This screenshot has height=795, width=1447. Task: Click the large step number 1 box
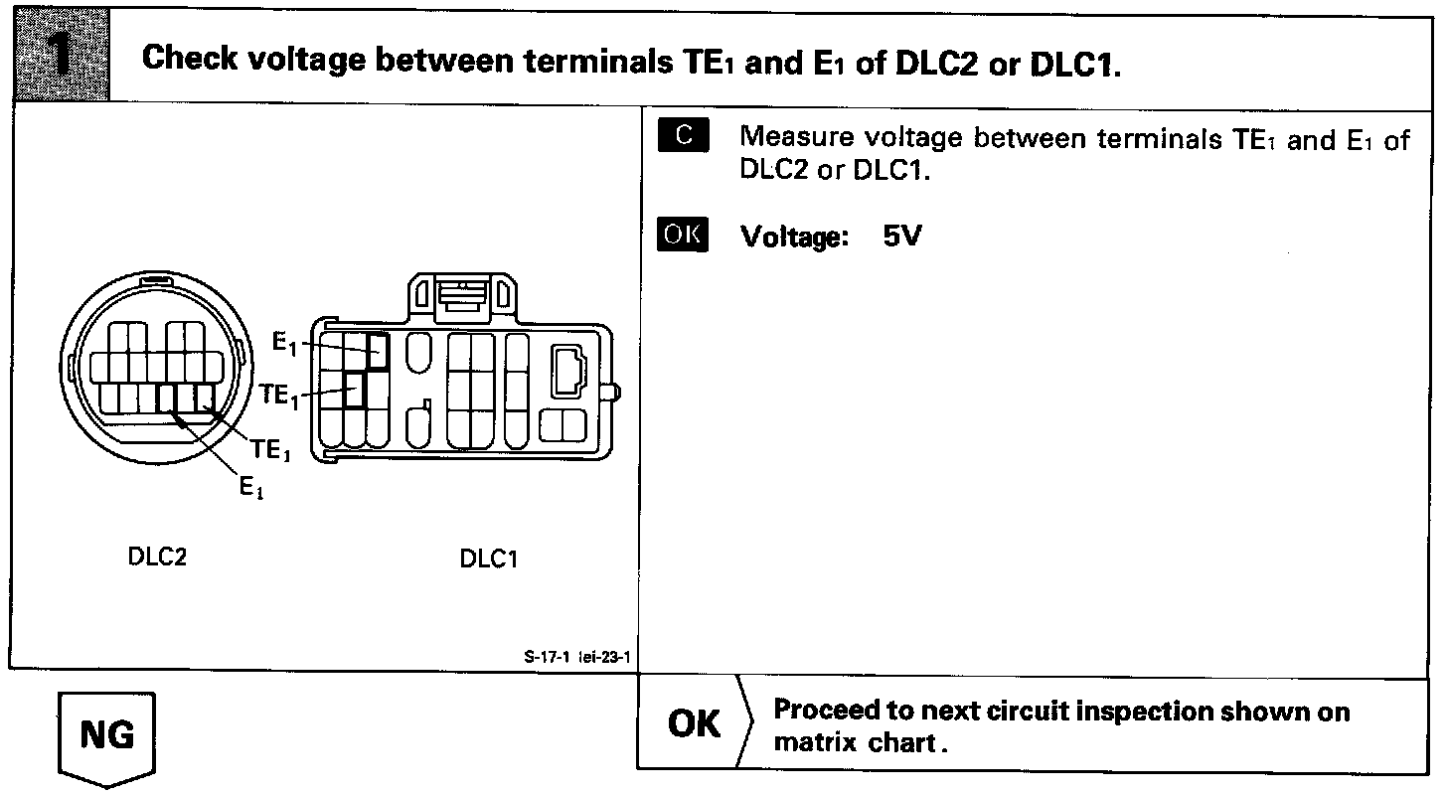[x=59, y=56]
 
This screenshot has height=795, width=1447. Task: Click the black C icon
[x=683, y=136]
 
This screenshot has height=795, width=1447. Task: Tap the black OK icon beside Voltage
[x=683, y=236]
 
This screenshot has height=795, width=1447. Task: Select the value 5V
[x=901, y=237]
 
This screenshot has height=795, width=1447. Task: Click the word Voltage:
[x=794, y=238]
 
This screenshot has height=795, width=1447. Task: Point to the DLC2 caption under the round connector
[x=157, y=556]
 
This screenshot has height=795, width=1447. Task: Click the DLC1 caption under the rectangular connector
[x=489, y=558]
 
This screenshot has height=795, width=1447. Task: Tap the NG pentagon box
[x=107, y=736]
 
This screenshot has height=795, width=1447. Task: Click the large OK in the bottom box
[x=695, y=724]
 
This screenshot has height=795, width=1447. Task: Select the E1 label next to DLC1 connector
[x=284, y=344]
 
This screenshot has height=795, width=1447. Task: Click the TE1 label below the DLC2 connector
[x=270, y=450]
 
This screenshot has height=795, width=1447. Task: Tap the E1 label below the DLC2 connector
[x=250, y=486]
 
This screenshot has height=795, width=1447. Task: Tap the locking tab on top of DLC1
[x=461, y=295]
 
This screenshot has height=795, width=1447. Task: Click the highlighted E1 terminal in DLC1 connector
[x=378, y=351]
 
